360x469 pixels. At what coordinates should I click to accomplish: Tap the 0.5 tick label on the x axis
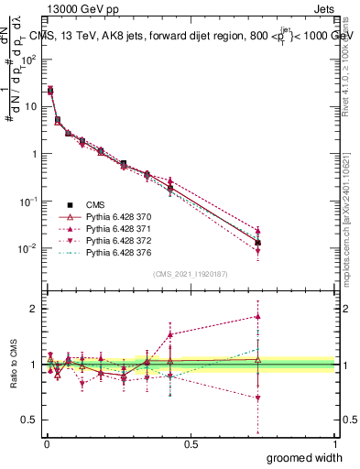coord(191,443)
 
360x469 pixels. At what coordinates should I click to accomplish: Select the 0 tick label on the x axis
coord(47,443)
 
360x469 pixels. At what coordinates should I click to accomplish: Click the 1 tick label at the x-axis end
coord(334,443)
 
